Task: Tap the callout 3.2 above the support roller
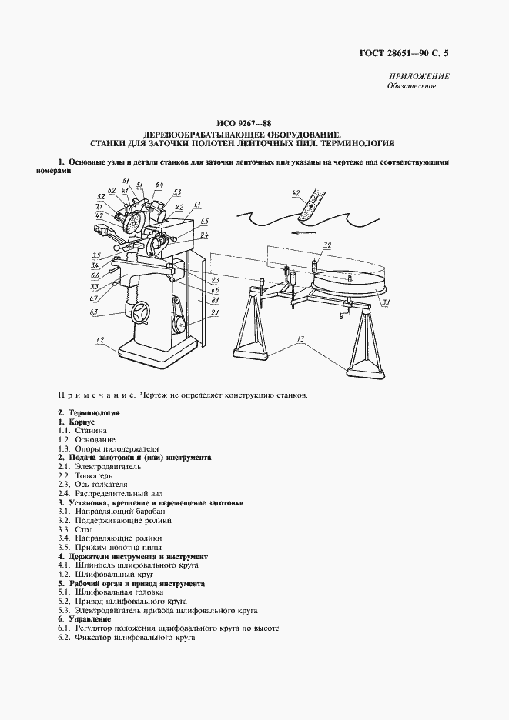(x=326, y=245)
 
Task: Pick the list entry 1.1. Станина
(x=87, y=431)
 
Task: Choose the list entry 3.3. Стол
(x=75, y=529)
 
